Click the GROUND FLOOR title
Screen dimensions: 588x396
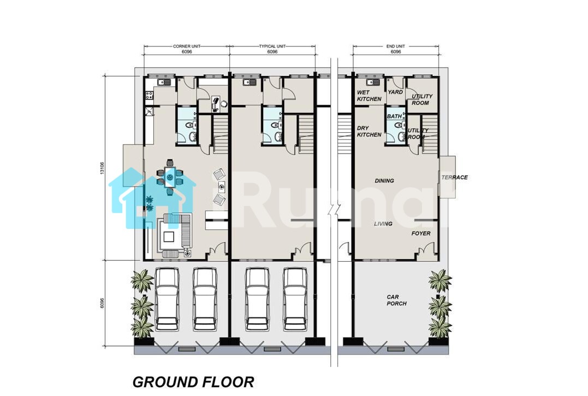point(193,382)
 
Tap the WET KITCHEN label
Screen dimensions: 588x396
point(369,96)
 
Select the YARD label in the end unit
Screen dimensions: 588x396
point(395,92)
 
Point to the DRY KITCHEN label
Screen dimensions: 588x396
point(369,131)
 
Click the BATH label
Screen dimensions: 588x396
point(394,116)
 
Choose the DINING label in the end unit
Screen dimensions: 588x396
point(384,181)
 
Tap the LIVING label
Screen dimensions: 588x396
point(383,223)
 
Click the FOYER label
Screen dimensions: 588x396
point(421,233)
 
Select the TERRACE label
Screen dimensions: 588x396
point(454,178)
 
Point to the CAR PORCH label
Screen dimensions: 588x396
point(396,300)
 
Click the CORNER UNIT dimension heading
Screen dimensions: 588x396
point(186,46)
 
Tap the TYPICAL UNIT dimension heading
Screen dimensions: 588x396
point(272,46)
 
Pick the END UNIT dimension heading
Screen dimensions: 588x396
point(396,46)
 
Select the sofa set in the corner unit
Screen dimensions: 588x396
point(174,235)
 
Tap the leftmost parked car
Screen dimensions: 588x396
point(167,299)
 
